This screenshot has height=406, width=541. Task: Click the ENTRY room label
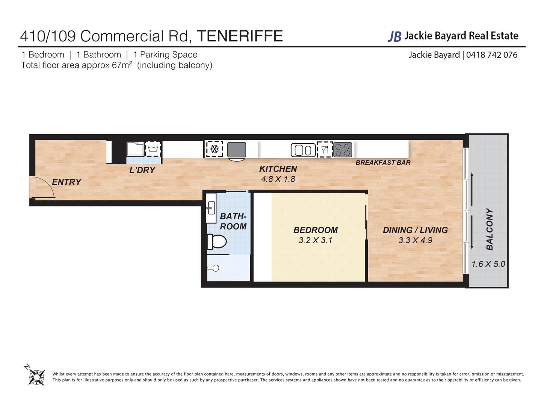click(66, 182)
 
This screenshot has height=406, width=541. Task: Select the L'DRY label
click(142, 170)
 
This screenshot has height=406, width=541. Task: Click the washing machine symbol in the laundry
click(153, 149)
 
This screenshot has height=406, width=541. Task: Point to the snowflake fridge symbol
click(215, 149)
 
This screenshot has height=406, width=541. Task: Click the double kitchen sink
click(303, 150)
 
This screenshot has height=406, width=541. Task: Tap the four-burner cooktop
click(343, 150)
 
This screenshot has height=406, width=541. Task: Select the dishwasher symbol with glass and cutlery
click(325, 150)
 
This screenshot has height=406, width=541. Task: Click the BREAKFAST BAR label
click(383, 162)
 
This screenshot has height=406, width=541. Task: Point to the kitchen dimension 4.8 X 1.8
click(278, 179)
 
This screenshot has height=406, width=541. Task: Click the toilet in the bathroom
click(217, 241)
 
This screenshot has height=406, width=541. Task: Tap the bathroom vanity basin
click(211, 207)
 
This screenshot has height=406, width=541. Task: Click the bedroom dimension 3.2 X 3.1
click(315, 241)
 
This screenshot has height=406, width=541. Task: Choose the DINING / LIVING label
click(415, 230)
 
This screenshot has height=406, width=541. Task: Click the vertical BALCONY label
click(489, 229)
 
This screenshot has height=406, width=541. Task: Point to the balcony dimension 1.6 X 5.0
click(488, 264)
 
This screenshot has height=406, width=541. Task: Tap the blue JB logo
click(394, 36)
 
